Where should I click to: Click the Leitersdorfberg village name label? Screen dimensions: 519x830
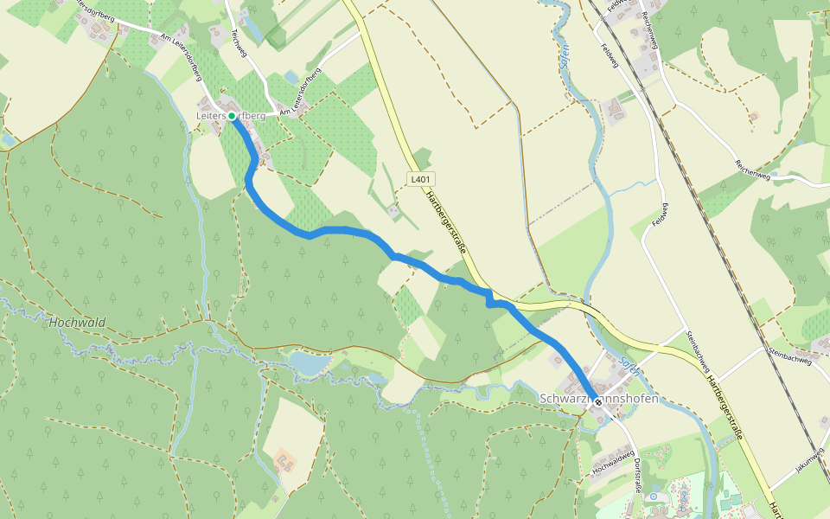point(231,115)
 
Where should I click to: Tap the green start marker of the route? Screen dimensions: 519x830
point(232,115)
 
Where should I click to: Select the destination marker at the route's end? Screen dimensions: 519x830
point(598,402)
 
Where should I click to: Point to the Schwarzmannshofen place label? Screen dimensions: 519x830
point(598,399)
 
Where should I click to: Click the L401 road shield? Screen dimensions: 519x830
point(420,179)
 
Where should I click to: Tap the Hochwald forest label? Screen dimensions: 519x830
point(77,323)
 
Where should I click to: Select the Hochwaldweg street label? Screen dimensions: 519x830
point(614,460)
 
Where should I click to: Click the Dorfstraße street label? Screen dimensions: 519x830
point(638,471)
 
